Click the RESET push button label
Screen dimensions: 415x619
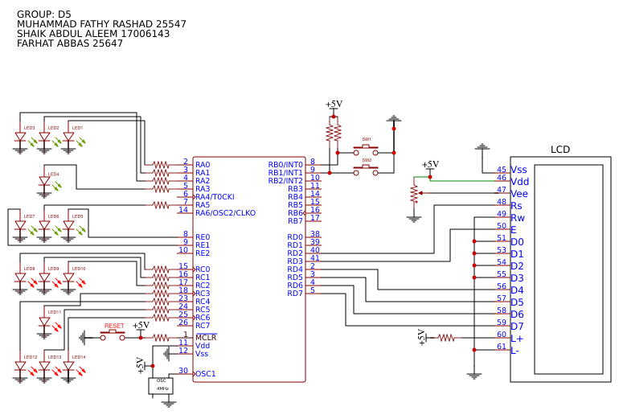coord(114,326)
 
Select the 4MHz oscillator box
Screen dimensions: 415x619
coord(161,385)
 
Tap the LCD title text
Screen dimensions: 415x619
coord(560,150)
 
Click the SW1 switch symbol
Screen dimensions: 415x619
coord(366,150)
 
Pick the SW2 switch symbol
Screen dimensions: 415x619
coord(366,171)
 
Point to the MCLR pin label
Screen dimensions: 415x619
coord(206,337)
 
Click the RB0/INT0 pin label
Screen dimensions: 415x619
coord(285,165)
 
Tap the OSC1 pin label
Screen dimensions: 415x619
coord(206,374)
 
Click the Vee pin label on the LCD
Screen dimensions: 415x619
coord(519,194)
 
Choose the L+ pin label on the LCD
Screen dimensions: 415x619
coord(517,339)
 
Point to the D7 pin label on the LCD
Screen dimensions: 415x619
coord(517,327)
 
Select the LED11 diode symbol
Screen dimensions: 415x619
coord(45,322)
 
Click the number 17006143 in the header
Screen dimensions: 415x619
coord(146,34)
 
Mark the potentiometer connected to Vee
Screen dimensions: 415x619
coord(414,194)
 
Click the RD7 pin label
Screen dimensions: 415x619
coord(295,294)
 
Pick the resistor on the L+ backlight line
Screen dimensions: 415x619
coord(445,338)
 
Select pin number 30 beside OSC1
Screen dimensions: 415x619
coord(183,371)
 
